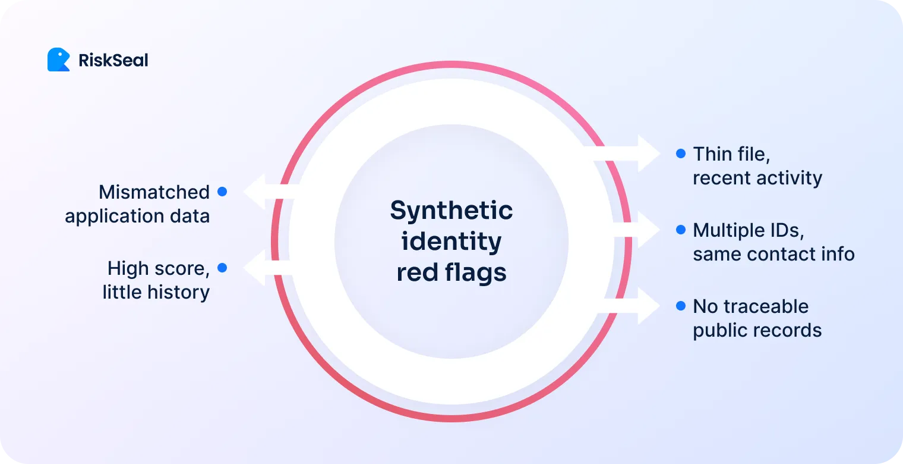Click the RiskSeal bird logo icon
click(x=58, y=60)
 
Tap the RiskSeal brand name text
click(x=113, y=60)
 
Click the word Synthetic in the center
click(x=451, y=211)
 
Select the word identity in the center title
click(x=451, y=242)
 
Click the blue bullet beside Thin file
click(x=681, y=153)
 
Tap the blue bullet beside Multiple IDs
click(x=681, y=230)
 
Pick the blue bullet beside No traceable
click(x=681, y=306)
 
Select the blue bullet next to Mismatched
click(x=222, y=192)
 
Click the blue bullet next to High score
click(x=222, y=268)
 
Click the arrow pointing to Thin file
click(x=630, y=153)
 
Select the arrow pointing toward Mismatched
click(x=264, y=192)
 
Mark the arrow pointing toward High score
click(x=264, y=268)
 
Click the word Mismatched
click(x=154, y=192)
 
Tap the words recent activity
click(x=757, y=178)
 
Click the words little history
click(x=156, y=292)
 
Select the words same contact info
click(x=773, y=254)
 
